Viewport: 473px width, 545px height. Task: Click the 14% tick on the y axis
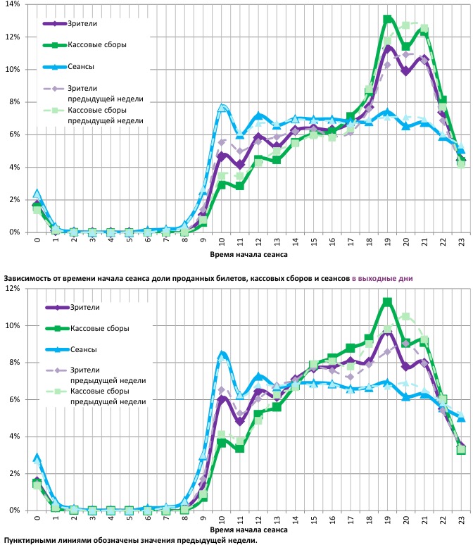[12, 4]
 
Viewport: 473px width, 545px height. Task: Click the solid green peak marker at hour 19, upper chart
[387, 20]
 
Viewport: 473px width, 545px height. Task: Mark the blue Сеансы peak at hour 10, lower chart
[222, 354]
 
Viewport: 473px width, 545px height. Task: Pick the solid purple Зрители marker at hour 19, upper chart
[387, 48]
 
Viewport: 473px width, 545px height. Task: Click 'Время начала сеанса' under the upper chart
[248, 253]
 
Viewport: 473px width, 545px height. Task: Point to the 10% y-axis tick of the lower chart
[12, 325]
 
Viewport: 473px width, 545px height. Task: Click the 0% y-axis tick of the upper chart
[14, 232]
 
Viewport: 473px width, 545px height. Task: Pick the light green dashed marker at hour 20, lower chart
[405, 317]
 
